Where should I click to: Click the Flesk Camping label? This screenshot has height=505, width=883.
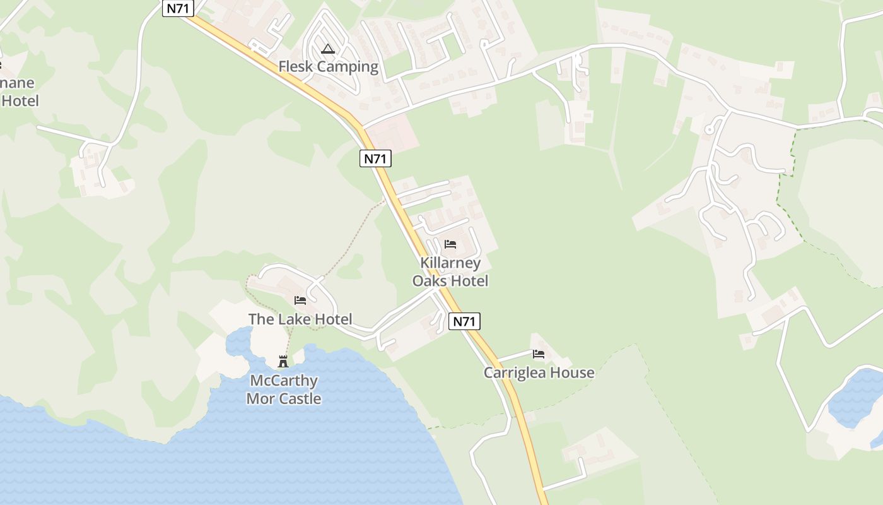pyautogui.click(x=328, y=66)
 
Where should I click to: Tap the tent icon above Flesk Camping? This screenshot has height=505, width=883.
pyautogui.click(x=328, y=49)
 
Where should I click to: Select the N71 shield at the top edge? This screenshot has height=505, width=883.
pyautogui.click(x=177, y=8)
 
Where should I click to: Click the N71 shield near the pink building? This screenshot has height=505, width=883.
pyautogui.click(x=375, y=158)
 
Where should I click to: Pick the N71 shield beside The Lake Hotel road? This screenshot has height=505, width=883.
pyautogui.click(x=464, y=321)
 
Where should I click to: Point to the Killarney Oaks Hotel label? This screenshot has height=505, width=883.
pyautogui.click(x=450, y=272)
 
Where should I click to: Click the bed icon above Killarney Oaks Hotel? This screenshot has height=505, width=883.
pyautogui.click(x=450, y=244)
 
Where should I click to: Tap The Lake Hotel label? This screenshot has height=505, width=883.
pyautogui.click(x=300, y=319)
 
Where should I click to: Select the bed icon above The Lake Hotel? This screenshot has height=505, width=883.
pyautogui.click(x=300, y=300)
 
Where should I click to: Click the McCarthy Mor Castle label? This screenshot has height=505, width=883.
pyautogui.click(x=283, y=389)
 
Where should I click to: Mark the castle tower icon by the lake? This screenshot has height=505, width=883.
pyautogui.click(x=283, y=362)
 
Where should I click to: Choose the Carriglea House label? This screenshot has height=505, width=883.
pyautogui.click(x=539, y=372)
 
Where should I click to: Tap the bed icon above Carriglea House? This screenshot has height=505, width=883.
pyautogui.click(x=539, y=354)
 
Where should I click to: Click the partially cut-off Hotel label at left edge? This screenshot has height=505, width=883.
pyautogui.click(x=19, y=100)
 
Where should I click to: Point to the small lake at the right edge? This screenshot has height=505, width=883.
pyautogui.click(x=855, y=398)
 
